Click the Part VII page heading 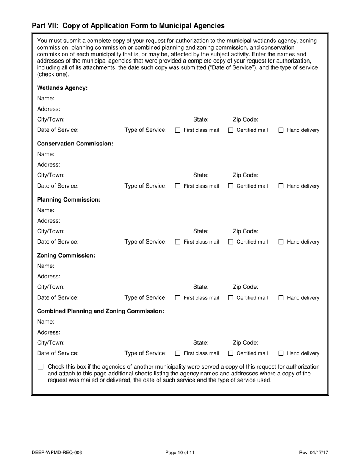(128, 26)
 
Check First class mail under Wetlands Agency (178, 130)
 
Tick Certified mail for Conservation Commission (230, 186)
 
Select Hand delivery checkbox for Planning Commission (281, 242)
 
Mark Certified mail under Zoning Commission (230, 298)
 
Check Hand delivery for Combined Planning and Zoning (281, 353)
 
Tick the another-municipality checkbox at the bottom (41, 367)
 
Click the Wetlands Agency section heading (62, 88)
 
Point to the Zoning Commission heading (66, 255)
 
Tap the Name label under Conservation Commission (45, 154)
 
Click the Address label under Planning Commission (49, 220)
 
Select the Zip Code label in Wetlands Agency (246, 120)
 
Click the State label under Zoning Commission (201, 287)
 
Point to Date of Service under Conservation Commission (58, 186)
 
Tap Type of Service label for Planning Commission (146, 242)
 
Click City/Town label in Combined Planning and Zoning (51, 343)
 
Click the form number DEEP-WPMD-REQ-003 (57, 452)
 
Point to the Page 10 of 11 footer (180, 452)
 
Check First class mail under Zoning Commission (178, 298)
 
